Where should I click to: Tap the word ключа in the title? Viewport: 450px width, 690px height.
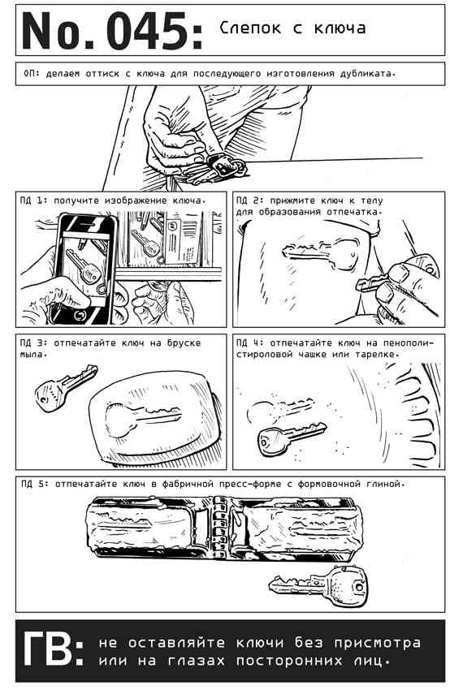tap(340, 28)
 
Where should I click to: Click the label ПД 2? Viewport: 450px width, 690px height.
tap(249, 201)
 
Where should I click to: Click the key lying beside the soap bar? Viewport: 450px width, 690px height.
tap(66, 386)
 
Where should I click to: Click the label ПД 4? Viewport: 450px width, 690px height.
tap(249, 343)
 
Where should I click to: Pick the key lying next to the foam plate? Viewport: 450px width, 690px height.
tap(292, 437)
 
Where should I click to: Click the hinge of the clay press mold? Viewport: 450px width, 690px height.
tap(218, 528)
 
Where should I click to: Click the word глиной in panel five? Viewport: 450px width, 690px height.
tap(385, 485)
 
